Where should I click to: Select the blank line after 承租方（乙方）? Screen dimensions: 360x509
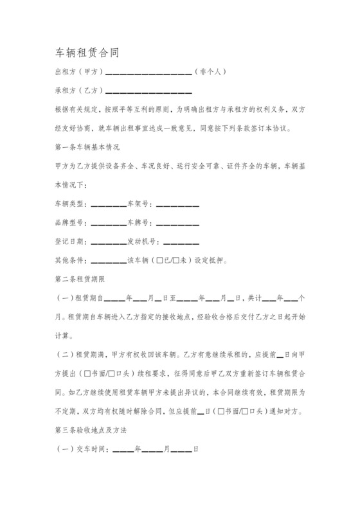(148, 91)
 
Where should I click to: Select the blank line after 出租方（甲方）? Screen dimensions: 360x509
(148, 73)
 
